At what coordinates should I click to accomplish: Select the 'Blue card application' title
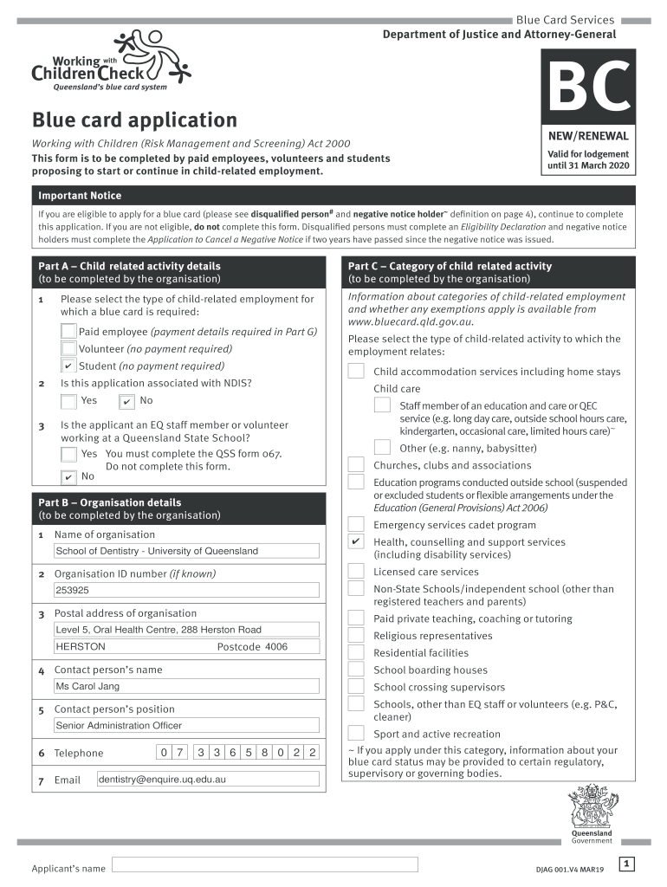coord(134,120)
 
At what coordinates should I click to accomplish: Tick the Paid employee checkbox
coord(68,331)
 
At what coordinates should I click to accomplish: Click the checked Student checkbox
coord(68,366)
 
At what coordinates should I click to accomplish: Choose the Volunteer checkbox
coord(68,348)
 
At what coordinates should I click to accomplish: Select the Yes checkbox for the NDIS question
coord(68,400)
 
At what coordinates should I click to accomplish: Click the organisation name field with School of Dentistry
coord(185,551)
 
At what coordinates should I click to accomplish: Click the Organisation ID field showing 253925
coord(185,590)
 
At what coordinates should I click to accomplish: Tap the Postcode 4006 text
coord(252,647)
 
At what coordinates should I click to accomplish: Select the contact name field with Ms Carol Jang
coord(185,686)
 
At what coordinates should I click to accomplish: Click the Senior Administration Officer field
coord(185,725)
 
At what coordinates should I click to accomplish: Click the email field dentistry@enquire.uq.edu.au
coord(208,779)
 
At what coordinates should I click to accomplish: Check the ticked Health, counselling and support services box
coord(356,542)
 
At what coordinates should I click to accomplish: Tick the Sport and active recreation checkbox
coord(356,734)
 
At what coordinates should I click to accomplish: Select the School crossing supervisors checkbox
coord(356,687)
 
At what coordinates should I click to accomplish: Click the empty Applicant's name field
coord(265,864)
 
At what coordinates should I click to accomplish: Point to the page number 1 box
coord(628,864)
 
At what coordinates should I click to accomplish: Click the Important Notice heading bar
coord(333,196)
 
